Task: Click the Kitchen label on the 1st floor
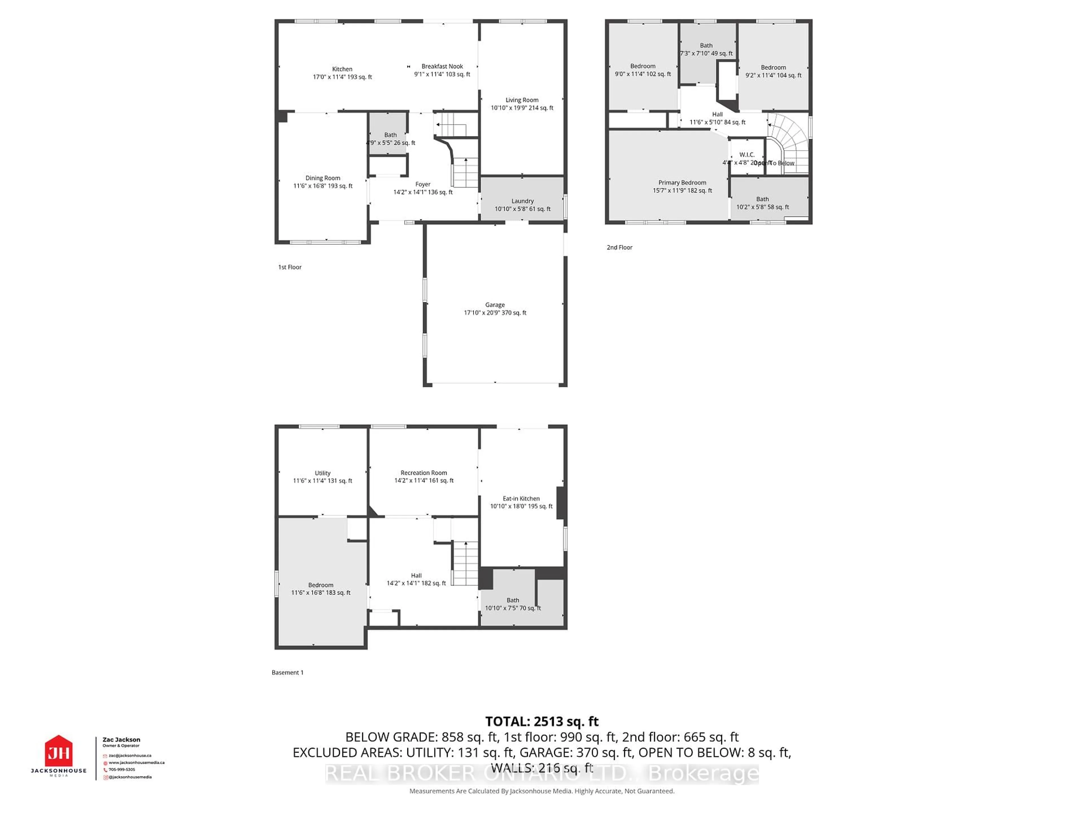[342, 69]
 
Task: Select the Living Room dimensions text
[522, 108]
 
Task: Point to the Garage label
[495, 305]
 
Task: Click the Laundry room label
[523, 201]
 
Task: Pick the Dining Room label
[322, 178]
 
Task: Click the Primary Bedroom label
[682, 182]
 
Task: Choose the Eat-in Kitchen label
[521, 498]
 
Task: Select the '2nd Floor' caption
[619, 248]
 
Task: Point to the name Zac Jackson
[121, 740]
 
